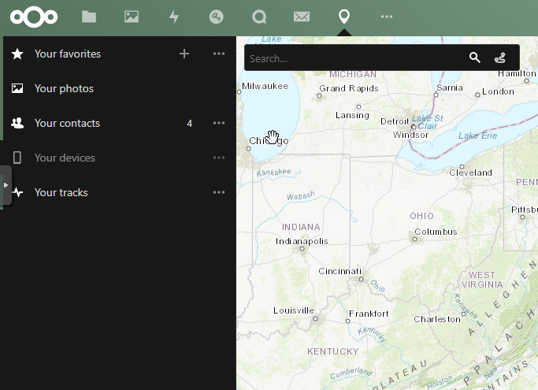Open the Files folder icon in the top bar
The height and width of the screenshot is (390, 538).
[x=89, y=17]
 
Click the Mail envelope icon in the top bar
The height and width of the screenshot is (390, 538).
[x=301, y=17]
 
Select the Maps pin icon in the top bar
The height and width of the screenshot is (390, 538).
[x=343, y=17]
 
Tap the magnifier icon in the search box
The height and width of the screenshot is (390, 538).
[x=475, y=58]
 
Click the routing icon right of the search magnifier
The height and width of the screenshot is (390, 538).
[x=499, y=58]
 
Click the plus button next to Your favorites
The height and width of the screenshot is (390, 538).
[x=184, y=54]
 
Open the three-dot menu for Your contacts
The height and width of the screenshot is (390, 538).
[x=219, y=123]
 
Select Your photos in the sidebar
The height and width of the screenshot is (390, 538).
[x=64, y=88]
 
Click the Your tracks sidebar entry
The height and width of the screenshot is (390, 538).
[x=61, y=192]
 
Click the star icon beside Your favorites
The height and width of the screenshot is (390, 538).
[x=17, y=54]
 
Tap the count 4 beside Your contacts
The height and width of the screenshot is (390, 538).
[x=190, y=123]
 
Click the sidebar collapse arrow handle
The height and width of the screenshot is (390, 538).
[x=6, y=185]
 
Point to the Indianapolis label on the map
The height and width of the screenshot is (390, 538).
[x=302, y=241]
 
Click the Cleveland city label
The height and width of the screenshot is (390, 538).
[x=471, y=173]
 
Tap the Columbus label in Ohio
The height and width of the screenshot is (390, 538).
[x=436, y=232]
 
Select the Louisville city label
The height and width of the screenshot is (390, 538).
[x=294, y=310]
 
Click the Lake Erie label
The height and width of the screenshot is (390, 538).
[x=478, y=136]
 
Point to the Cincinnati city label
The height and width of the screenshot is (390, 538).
[x=339, y=271]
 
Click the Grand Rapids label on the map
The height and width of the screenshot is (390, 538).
[x=349, y=88]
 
